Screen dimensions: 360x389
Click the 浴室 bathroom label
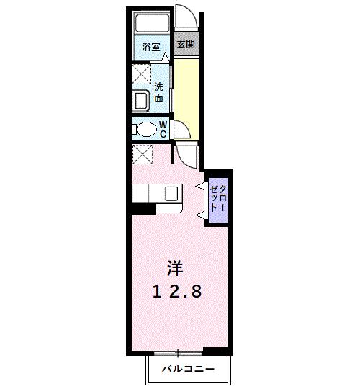151,47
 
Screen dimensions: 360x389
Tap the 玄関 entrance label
186,44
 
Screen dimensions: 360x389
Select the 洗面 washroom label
158,92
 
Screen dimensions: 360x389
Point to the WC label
163,129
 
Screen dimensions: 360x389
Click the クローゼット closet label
218,199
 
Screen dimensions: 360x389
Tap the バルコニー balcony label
188,369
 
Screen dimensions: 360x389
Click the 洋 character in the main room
175,269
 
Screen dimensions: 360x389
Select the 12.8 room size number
177,292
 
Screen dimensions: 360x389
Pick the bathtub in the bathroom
152,23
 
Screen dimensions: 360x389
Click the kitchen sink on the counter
171,194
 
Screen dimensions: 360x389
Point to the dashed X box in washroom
141,74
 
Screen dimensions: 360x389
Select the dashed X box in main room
143,154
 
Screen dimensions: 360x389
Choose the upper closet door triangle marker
200,186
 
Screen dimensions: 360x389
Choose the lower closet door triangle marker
200,215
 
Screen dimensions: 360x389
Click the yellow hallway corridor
186,99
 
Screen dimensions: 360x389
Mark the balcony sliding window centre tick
178,353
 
